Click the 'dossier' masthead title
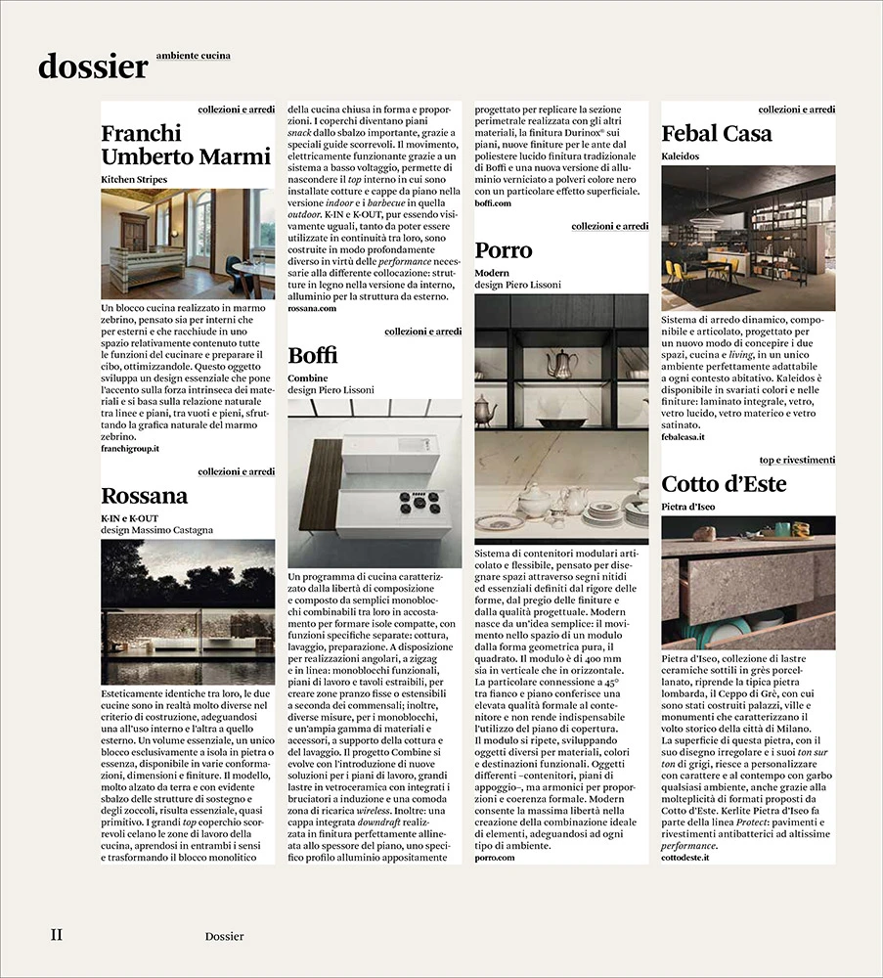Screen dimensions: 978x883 click(93, 66)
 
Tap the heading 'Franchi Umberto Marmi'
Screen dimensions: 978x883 click(186, 145)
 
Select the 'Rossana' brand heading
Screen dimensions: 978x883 click(145, 496)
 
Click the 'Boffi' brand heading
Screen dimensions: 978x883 click(313, 355)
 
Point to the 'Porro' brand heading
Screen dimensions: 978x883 click(504, 250)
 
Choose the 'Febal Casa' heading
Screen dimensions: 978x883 click(717, 133)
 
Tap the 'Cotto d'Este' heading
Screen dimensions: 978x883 click(724, 484)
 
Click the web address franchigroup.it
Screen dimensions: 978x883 click(130, 448)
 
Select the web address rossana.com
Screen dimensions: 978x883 click(312, 308)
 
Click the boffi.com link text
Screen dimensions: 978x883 click(493, 203)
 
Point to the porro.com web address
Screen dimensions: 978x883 click(494, 857)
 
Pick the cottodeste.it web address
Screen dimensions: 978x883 click(688, 857)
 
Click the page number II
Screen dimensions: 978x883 click(57, 935)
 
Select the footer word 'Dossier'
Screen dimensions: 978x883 click(225, 937)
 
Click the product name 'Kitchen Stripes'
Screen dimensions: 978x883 click(134, 180)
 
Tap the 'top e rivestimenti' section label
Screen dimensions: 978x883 click(797, 460)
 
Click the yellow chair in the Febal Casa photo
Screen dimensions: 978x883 click(674, 271)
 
